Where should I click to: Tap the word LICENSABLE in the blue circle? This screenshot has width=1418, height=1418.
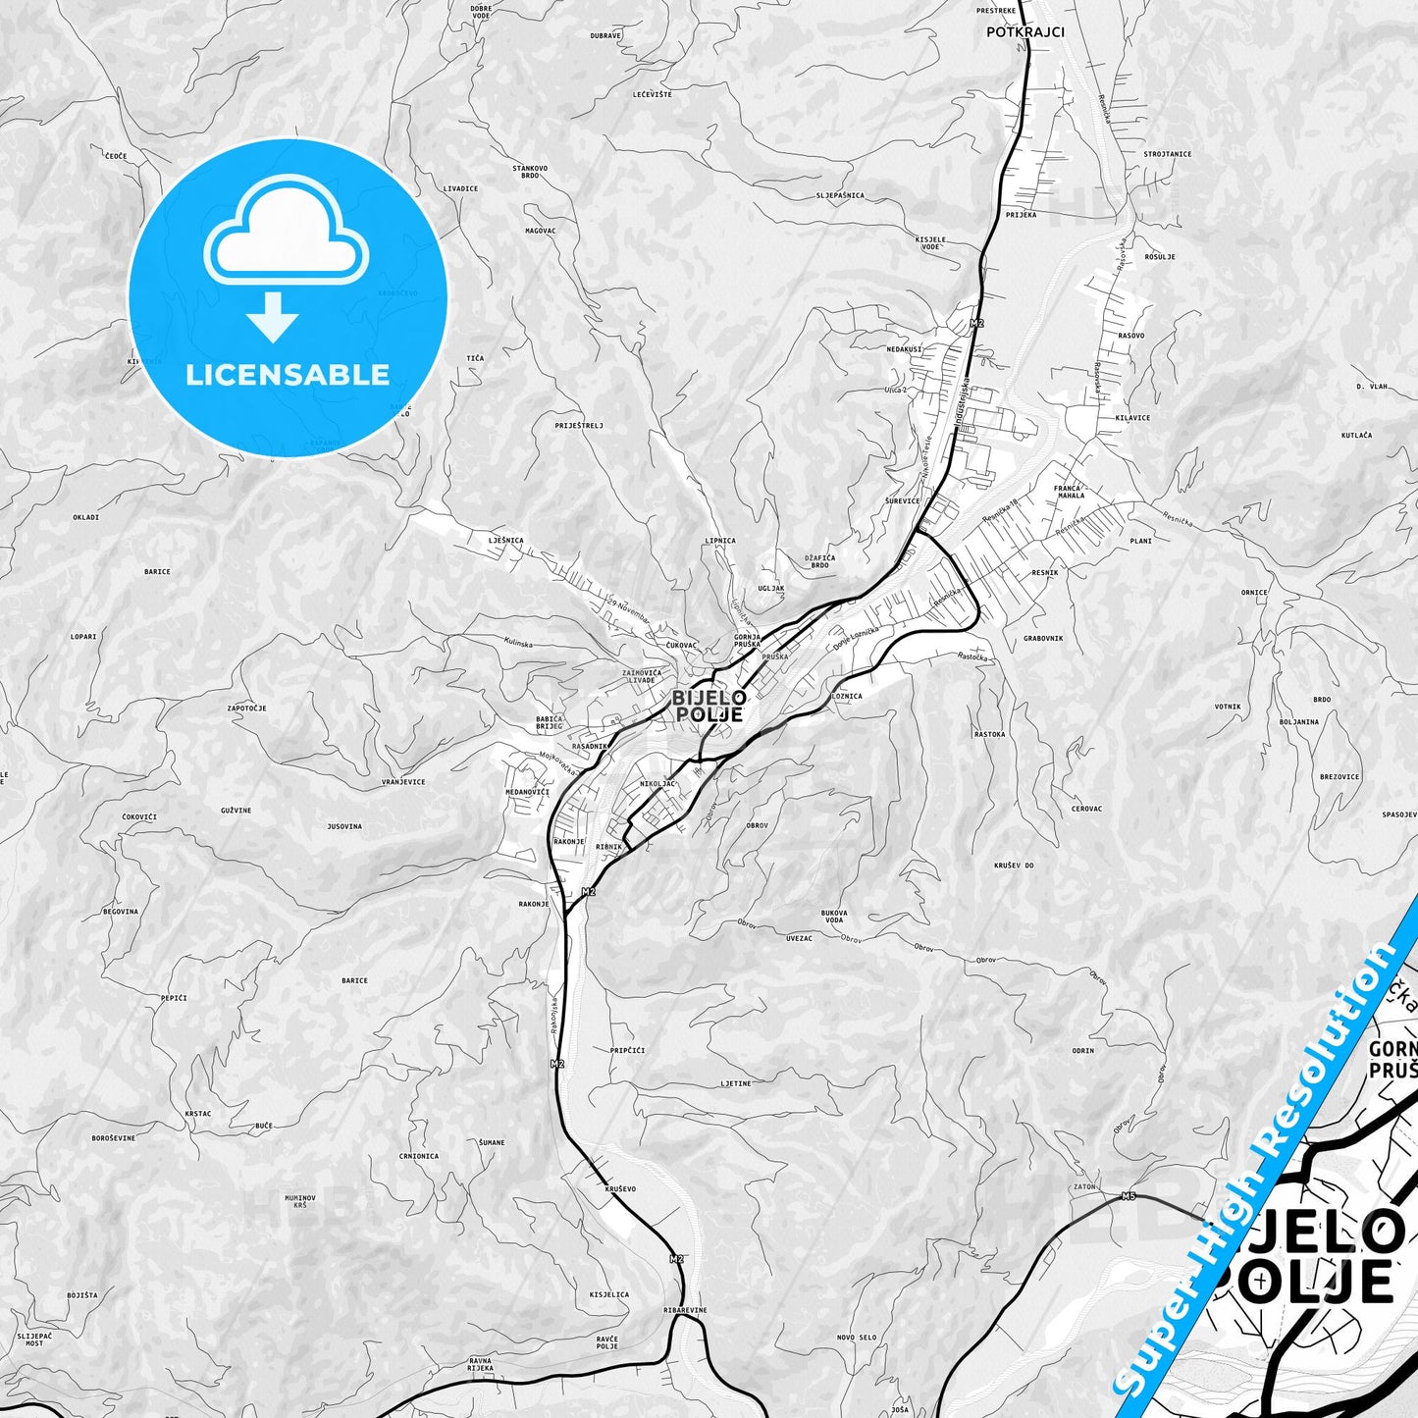[x=288, y=375]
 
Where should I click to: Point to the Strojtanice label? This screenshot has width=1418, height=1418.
[x=1167, y=154]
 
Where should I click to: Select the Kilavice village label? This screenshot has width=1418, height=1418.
[x=1132, y=418]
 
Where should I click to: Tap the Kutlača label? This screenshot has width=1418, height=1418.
[x=1356, y=435]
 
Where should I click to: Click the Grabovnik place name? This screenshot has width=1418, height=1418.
[x=1043, y=639]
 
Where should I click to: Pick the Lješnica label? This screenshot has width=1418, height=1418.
[x=505, y=541]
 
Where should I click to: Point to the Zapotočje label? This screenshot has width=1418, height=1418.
[x=246, y=709]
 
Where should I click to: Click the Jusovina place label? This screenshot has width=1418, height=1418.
[x=343, y=826]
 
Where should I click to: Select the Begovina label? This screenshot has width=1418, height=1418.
[x=121, y=912]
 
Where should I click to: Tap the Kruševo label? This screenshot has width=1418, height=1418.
[x=620, y=1189]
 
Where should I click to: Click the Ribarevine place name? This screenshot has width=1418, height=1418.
[x=685, y=1310]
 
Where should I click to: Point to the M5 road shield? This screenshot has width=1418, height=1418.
[x=1129, y=1196]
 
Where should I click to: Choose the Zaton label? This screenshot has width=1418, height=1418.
[x=1084, y=1186]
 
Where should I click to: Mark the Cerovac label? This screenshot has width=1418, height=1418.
[x=1086, y=810]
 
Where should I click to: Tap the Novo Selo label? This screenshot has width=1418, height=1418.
[x=857, y=1338]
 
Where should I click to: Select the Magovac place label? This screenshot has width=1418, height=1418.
[x=540, y=232]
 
